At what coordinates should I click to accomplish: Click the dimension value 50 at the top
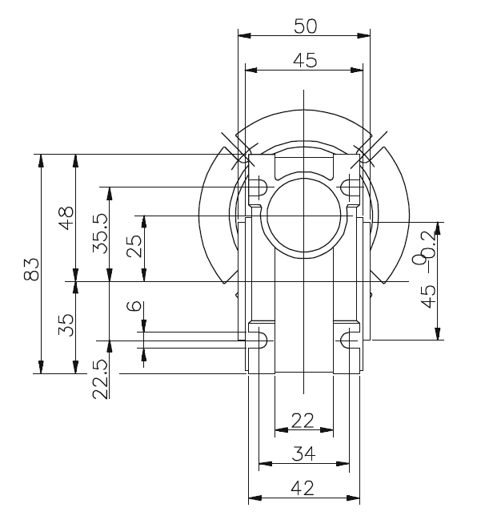click(x=305, y=26)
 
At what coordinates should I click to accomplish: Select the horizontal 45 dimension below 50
click(x=305, y=60)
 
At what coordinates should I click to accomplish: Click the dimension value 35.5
click(x=100, y=233)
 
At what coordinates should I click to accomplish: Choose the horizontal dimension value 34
click(x=303, y=453)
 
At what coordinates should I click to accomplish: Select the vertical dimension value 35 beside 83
click(x=66, y=324)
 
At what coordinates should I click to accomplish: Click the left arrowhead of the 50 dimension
click(x=243, y=35)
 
